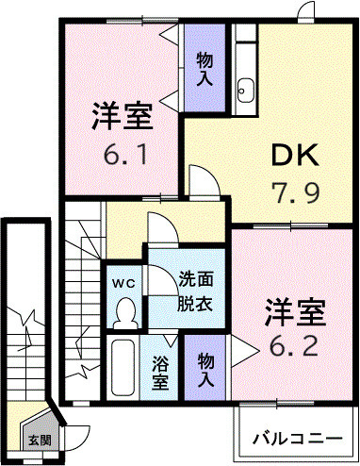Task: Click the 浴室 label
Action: (161, 374)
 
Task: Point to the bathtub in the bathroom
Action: (124, 370)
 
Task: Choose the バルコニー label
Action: (296, 439)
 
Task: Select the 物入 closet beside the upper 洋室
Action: (205, 68)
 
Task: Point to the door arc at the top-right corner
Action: (303, 10)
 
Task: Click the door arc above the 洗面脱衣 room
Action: (160, 230)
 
